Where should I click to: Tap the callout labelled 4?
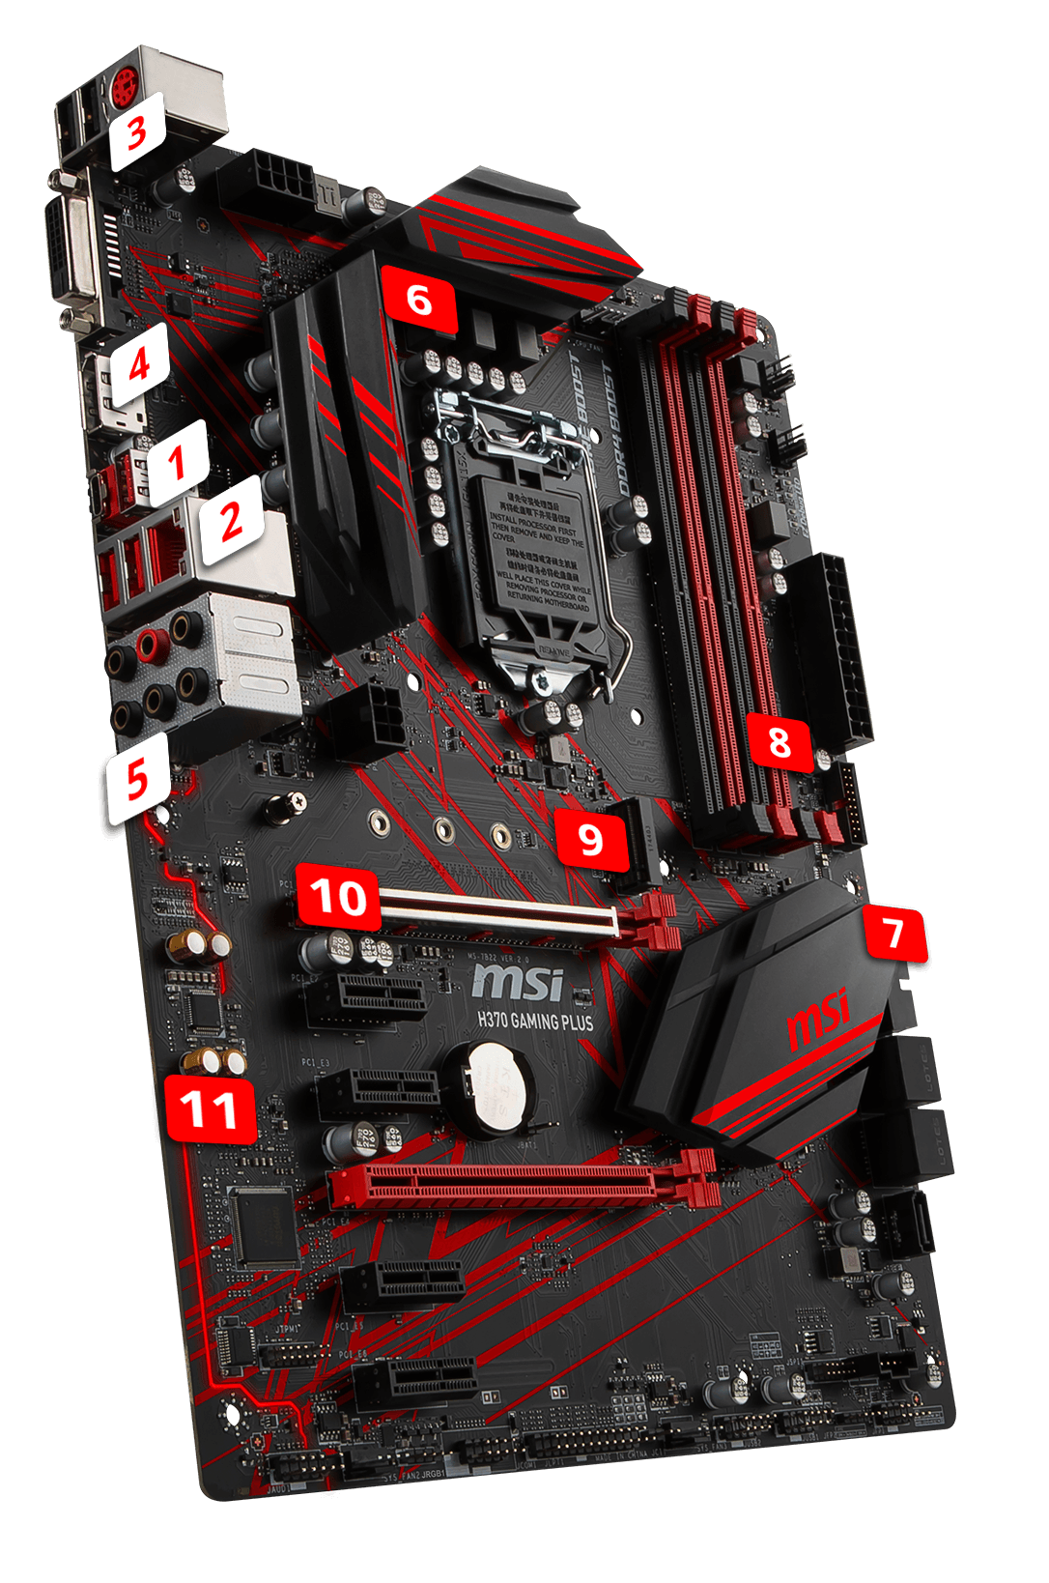(140, 365)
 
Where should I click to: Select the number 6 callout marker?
(419, 300)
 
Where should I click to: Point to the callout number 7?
(894, 934)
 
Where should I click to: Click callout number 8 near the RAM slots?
(780, 741)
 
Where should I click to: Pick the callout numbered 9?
(590, 839)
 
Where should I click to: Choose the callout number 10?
(338, 897)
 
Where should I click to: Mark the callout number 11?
(210, 1109)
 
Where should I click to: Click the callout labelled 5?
(138, 777)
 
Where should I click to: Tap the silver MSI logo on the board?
(517, 982)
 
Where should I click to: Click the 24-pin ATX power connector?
(834, 652)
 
